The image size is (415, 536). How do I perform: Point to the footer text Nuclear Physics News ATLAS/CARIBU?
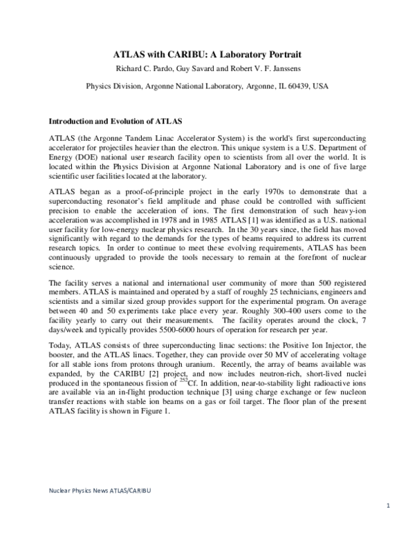click(x=101, y=490)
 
